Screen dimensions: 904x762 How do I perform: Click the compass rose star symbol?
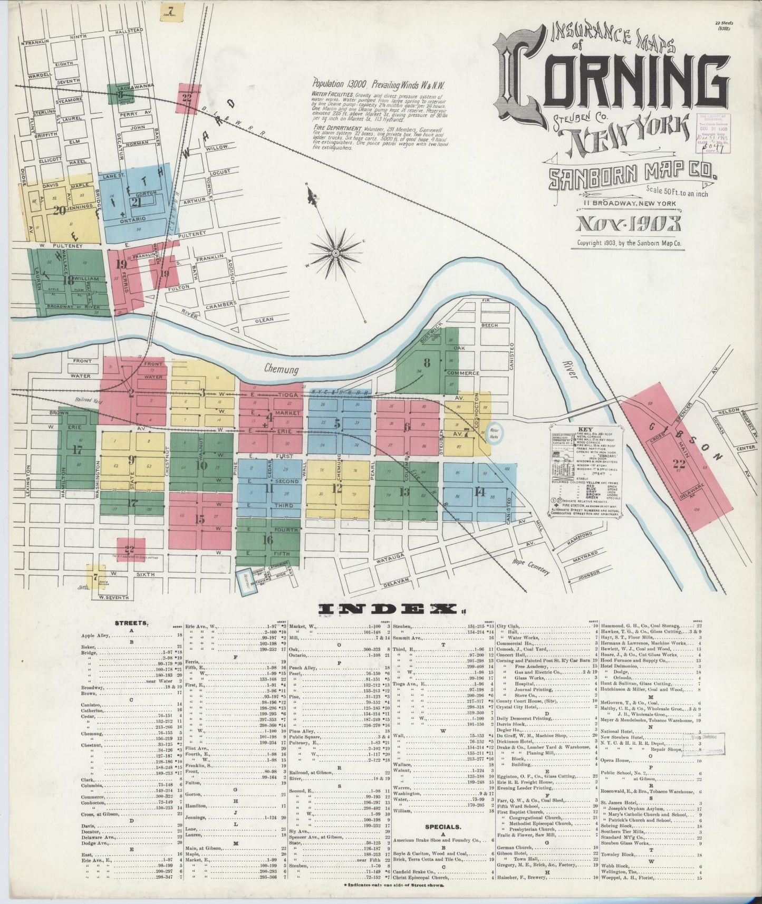(335, 253)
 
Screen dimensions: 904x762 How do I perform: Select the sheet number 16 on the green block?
(267, 540)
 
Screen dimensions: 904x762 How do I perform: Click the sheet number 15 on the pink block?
(199, 519)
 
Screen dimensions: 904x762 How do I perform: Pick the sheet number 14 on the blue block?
(479, 492)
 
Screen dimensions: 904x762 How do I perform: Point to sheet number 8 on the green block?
(427, 363)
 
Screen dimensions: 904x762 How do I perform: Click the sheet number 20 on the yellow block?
(59, 210)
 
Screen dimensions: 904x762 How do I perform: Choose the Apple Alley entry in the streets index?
(95, 636)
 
